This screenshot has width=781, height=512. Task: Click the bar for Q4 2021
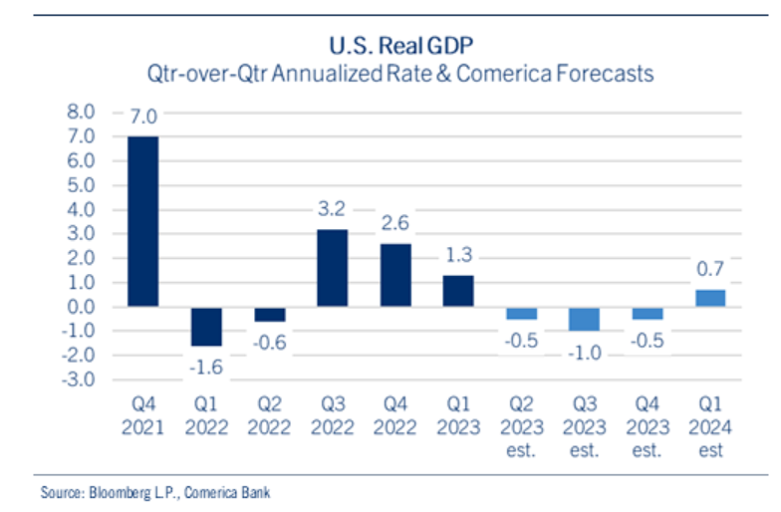[141, 221]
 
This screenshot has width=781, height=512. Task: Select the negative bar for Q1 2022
[206, 326]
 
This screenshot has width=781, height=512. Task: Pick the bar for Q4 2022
[394, 275]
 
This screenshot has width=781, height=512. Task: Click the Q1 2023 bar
[457, 291]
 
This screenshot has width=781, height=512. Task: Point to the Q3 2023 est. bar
[584, 318]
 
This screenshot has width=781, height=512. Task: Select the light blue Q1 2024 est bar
[709, 298]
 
